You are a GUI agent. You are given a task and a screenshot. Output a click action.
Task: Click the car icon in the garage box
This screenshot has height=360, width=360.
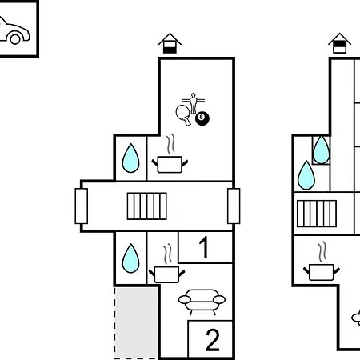14,31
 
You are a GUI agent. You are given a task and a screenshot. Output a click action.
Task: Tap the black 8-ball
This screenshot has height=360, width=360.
202,118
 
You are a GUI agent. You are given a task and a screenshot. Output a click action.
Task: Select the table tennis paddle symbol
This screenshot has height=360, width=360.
184,114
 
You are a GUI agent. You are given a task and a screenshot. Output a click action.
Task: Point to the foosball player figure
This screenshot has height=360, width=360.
194,103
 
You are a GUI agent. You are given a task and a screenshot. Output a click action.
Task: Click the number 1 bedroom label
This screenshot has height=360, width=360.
205,247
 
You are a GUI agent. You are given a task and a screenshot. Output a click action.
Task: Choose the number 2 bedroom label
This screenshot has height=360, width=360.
213,340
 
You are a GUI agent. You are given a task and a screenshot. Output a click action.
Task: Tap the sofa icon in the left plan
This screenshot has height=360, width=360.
202,302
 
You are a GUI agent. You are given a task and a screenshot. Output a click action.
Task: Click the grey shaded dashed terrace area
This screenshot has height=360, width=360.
136,322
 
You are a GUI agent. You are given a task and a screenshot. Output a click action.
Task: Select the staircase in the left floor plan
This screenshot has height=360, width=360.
147,206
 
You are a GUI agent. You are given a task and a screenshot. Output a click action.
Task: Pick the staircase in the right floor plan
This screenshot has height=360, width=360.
317,214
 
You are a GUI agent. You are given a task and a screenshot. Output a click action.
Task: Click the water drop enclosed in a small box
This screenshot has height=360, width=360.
322,150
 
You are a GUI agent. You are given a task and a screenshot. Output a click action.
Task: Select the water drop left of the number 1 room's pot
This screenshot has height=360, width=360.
130,258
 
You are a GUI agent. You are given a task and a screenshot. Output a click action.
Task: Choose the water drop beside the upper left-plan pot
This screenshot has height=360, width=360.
130,158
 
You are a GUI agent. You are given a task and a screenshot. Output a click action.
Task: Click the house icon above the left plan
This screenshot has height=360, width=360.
170,43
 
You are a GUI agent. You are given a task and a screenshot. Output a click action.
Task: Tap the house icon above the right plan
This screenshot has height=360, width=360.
339,43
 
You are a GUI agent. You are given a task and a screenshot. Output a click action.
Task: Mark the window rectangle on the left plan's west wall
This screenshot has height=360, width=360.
82,206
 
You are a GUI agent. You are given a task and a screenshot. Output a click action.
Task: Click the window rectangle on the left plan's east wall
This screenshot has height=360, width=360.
234,206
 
